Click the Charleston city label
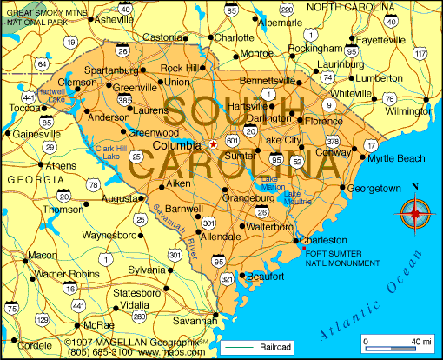326,241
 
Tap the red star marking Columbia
212,145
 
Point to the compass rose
414,211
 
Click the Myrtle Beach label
396,158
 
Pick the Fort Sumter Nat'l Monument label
342,257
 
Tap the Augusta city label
119,199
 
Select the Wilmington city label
409,112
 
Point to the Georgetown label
374,188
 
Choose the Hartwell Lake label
51,95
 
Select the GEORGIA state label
30,178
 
